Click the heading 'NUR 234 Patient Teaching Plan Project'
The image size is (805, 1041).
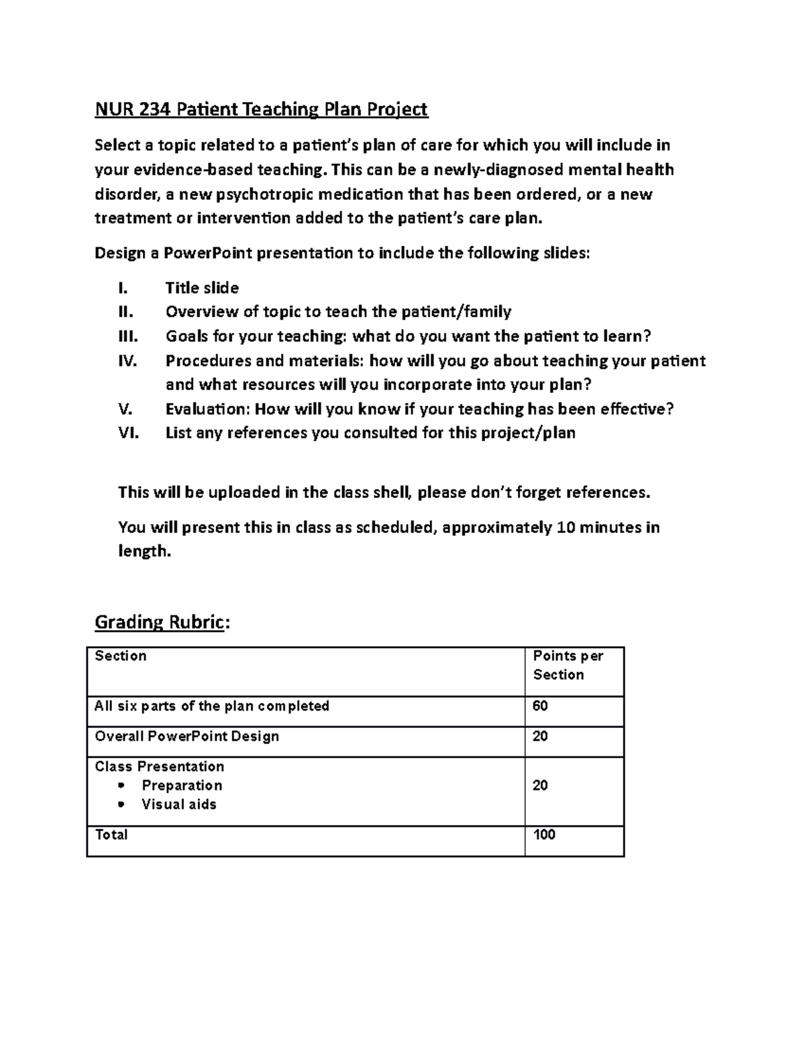click(261, 109)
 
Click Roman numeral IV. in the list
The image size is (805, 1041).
click(127, 361)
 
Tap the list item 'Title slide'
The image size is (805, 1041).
click(202, 288)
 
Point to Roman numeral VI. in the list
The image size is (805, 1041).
click(128, 433)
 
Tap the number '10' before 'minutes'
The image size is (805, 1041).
click(566, 528)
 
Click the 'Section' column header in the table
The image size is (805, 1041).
click(121, 656)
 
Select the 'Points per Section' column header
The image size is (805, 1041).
click(568, 666)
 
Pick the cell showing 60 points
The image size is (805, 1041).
click(540, 707)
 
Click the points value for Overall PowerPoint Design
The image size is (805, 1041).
click(540, 737)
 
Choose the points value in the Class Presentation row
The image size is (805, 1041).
click(540, 786)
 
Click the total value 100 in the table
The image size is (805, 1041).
click(544, 835)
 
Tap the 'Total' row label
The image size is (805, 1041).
click(111, 835)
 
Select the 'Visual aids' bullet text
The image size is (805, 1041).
click(178, 804)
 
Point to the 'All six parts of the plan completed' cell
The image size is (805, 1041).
click(212, 707)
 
